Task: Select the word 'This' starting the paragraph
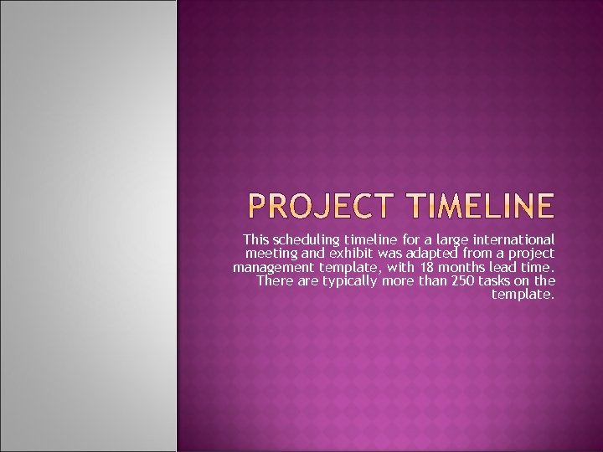tap(256, 239)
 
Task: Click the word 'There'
tap(274, 280)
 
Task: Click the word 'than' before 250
tap(431, 280)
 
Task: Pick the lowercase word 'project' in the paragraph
tap(533, 253)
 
